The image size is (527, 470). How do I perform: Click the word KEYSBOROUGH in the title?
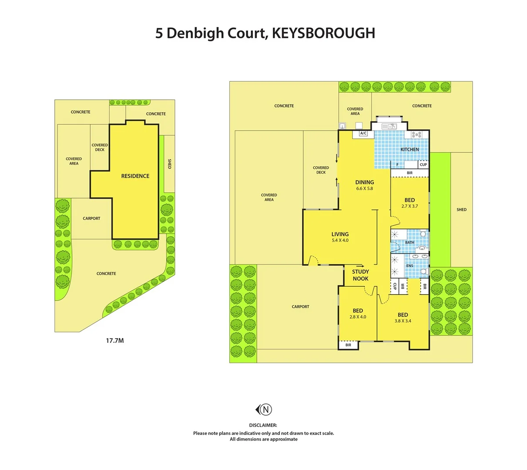(323, 33)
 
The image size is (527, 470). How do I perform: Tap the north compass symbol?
(264, 409)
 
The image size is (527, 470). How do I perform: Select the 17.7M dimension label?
(115, 340)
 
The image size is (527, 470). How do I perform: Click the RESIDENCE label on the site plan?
(135, 176)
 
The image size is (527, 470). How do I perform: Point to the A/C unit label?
(363, 133)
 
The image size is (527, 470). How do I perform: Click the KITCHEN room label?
(410, 149)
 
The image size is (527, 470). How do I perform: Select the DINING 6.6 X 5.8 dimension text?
(365, 188)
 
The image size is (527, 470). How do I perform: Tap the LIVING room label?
(340, 234)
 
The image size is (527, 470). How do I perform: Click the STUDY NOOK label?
(360, 275)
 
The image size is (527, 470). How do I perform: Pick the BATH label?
(410, 242)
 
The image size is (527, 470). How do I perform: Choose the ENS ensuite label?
(410, 265)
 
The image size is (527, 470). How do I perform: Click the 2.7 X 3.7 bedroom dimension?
(410, 206)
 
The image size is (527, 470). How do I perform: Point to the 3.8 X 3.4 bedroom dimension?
(403, 321)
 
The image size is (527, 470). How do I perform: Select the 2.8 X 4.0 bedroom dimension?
(358, 317)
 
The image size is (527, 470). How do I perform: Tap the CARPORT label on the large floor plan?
(300, 306)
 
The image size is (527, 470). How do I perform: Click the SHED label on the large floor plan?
(461, 209)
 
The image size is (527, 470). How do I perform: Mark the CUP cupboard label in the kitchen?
(423, 164)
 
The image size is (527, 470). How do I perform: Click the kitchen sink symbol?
(389, 127)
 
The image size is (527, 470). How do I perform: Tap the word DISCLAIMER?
(263, 425)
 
